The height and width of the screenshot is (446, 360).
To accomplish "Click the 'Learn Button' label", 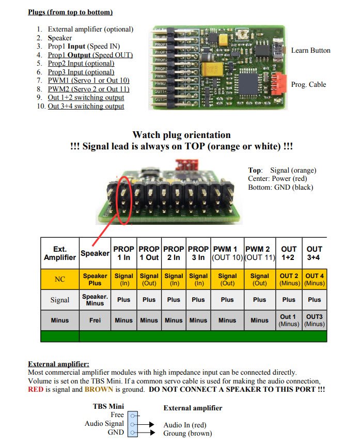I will pos(310,51).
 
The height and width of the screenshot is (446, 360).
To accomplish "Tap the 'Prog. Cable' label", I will pos(308,85).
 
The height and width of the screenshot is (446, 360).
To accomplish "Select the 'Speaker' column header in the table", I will pos(95,253).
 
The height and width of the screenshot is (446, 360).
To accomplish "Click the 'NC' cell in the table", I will pos(60,279).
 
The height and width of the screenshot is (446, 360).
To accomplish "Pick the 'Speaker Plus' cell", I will pos(95,280).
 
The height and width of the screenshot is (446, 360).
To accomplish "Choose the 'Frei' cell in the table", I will pos(95,320).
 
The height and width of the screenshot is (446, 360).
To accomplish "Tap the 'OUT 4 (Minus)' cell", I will pos(315,280).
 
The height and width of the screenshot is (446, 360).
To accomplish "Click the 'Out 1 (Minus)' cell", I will pos(289,320).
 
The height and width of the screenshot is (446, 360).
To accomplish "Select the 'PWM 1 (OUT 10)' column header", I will pos(227,253).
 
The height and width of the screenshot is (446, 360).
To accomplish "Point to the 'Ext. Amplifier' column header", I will pos(60,253).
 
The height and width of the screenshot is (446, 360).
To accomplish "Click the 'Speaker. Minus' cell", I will pos(95,300).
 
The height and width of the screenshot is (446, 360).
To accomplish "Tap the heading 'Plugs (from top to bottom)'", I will pos(70,12).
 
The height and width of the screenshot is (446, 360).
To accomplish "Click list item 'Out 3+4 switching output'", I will pos(86,106).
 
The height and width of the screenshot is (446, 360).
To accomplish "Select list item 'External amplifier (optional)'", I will pos(90,29).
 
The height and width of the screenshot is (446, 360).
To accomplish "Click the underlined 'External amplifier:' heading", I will pos(58,364).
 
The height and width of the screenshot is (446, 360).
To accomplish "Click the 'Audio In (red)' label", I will pos(185,425).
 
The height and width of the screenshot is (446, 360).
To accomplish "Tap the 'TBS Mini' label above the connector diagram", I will pos(108,407).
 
